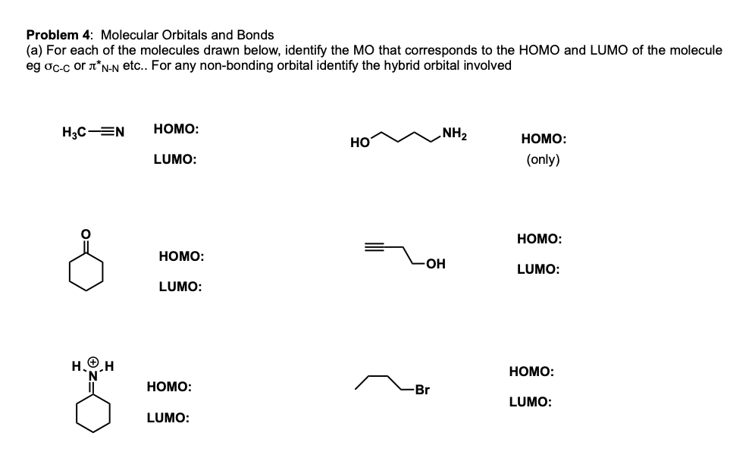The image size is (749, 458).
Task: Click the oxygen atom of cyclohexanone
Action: click(x=86, y=234)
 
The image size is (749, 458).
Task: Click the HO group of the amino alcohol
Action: click(x=359, y=142)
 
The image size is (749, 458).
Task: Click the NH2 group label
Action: click(x=455, y=136)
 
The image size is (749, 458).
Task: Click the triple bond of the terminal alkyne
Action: click(x=376, y=246)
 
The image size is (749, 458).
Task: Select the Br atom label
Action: click(x=422, y=391)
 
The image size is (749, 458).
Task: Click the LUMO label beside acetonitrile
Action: click(x=175, y=160)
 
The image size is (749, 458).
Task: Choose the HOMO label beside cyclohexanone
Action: click(x=181, y=257)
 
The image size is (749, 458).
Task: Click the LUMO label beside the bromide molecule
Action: click(x=530, y=403)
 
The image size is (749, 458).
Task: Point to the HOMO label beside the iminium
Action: click(x=168, y=387)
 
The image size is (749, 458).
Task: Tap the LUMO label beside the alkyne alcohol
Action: click(x=538, y=269)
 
